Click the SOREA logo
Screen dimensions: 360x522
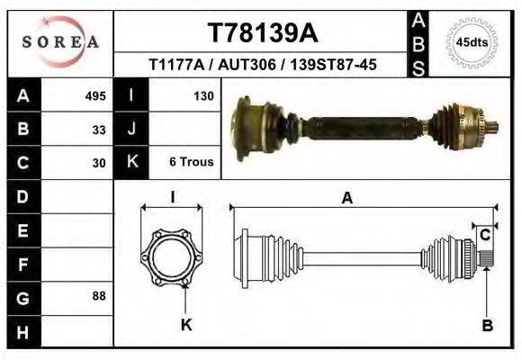60,41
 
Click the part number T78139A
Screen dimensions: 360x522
262,33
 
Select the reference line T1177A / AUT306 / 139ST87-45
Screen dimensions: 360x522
262,65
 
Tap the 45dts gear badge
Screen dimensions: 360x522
472,42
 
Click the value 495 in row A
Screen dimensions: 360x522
95,95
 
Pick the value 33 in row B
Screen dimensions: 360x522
99,129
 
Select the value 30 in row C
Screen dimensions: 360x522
99,163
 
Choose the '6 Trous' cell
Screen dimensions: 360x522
191,163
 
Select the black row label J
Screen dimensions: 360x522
131,129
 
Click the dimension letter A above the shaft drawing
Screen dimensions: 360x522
346,199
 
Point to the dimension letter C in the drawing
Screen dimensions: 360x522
484,236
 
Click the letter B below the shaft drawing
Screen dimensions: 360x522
487,326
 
